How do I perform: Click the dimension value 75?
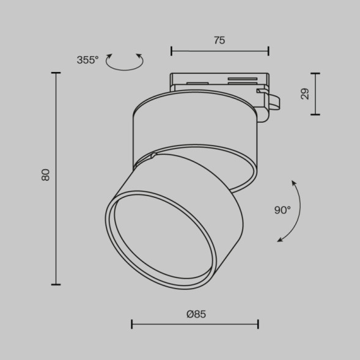[x=219, y=40]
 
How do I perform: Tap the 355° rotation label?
[x=87, y=60]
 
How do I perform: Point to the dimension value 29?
[x=305, y=94]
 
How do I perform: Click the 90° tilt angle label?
[x=282, y=210]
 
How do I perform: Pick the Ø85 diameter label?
[x=196, y=314]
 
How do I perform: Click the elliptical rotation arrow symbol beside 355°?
[x=125, y=62]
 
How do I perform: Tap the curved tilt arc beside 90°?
[x=297, y=211]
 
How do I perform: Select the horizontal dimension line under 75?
[x=219, y=51]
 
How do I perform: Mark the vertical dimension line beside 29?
[x=315, y=94]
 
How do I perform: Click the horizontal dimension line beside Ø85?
[x=195, y=324]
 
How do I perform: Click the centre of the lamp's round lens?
[x=161, y=240]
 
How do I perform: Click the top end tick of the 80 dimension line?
[x=56, y=73]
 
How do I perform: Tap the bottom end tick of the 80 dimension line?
[x=56, y=284]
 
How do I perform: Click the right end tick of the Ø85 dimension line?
[x=258, y=324]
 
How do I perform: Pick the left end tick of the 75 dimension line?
[x=171, y=51]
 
